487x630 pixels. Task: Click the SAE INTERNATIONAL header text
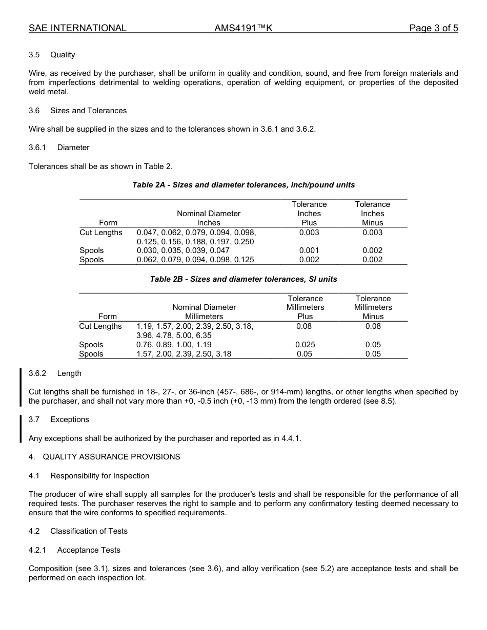(x=77, y=28)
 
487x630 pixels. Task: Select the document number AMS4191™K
(x=243, y=28)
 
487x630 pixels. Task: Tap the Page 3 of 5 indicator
(x=433, y=28)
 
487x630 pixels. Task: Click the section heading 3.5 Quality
(x=52, y=55)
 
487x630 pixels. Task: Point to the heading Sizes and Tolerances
(x=88, y=111)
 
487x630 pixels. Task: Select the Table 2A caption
(x=243, y=185)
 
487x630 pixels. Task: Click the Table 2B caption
(x=243, y=279)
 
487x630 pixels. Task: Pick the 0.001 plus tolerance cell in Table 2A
(x=309, y=250)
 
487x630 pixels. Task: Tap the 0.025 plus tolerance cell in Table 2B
(x=305, y=345)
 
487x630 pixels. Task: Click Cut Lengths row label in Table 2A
(x=101, y=233)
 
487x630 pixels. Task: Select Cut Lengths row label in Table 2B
(x=100, y=326)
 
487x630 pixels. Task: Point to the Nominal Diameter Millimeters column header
(x=204, y=312)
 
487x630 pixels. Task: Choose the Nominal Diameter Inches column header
(x=209, y=218)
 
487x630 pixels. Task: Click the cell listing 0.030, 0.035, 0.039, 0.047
(x=183, y=250)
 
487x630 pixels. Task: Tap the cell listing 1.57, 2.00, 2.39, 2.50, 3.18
(x=184, y=354)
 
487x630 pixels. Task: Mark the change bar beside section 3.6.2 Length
(x=21, y=387)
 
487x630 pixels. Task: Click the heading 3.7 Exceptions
(x=59, y=419)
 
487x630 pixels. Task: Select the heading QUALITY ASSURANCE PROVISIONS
(x=111, y=457)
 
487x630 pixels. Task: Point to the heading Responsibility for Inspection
(x=99, y=476)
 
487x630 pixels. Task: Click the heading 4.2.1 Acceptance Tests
(x=74, y=550)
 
